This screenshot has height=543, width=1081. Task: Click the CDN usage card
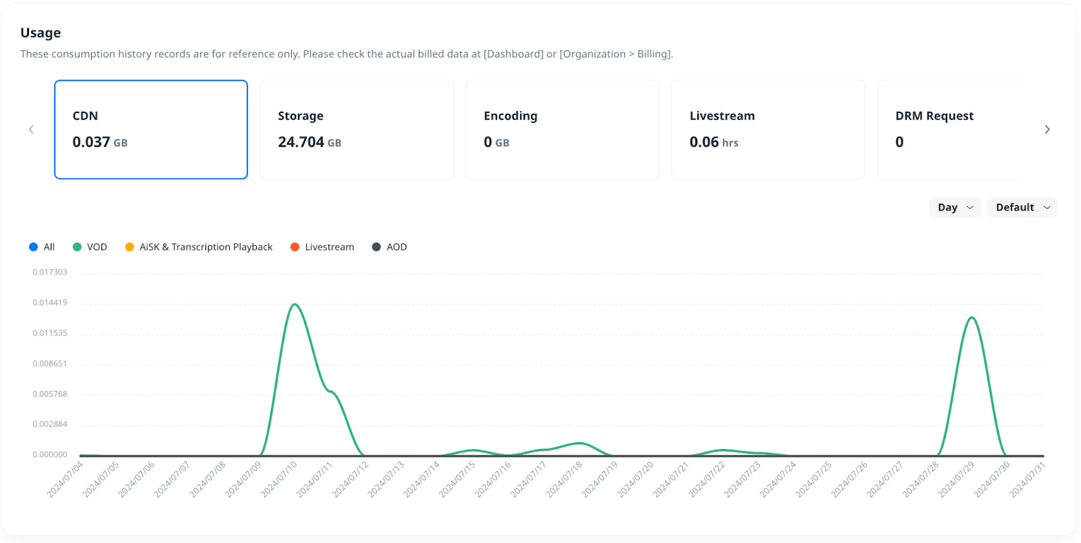pos(151,129)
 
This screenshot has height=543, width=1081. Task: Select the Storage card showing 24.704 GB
pos(356,129)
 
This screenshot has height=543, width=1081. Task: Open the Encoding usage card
pos(562,129)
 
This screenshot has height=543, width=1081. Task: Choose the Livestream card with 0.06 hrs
pos(768,129)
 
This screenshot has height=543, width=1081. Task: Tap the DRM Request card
pos(948,129)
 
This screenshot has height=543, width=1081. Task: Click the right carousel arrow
pos(1047,129)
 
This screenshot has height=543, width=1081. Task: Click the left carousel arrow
pos(31,129)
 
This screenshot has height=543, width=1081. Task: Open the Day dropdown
pos(955,208)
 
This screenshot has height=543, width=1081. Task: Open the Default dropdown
pos(1022,208)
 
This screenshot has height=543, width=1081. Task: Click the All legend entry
pos(43,247)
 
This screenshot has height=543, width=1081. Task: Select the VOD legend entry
pos(91,247)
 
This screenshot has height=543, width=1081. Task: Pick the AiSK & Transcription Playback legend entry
pos(199,247)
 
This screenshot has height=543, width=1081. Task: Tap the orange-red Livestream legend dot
pos(295,247)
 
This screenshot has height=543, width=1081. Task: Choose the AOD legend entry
pos(390,247)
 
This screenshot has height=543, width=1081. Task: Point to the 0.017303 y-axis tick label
pos(50,272)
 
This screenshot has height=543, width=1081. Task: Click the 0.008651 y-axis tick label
pos(50,363)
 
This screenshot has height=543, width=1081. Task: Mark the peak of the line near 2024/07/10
pos(295,304)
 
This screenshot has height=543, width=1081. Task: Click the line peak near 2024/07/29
pos(972,317)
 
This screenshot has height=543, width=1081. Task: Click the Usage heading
pos(41,32)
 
